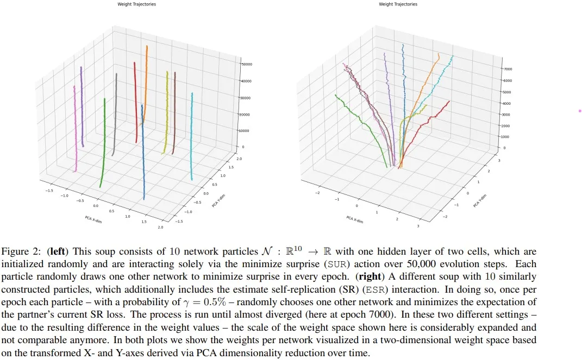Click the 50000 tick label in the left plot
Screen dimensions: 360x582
248,64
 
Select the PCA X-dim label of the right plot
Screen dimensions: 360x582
355,219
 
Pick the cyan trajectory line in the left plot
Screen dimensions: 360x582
192,136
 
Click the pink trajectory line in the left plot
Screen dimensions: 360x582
76,130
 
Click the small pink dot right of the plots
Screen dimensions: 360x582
580,111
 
